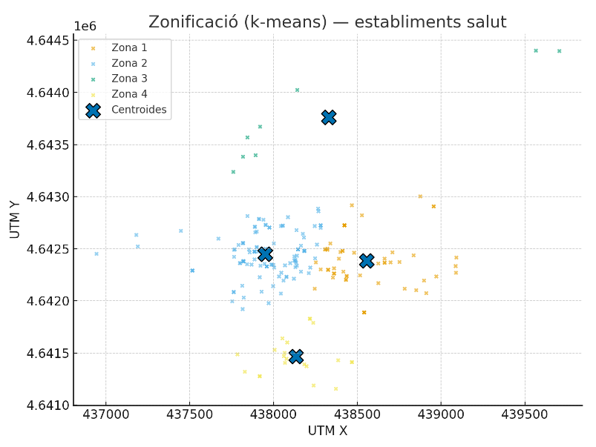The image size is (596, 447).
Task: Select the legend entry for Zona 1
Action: (129, 47)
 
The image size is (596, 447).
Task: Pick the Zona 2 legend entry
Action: (129, 63)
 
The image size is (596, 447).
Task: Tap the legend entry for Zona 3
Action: (129, 79)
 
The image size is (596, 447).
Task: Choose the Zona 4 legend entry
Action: (129, 94)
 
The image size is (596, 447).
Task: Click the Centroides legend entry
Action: (139, 110)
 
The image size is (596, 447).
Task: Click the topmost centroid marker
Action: (329, 117)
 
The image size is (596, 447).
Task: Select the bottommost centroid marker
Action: (295, 357)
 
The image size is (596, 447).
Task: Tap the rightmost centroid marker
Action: (367, 261)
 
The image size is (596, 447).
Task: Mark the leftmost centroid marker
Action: (265, 255)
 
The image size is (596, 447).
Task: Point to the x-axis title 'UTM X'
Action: (327, 431)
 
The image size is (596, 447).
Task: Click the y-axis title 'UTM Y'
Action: (15, 219)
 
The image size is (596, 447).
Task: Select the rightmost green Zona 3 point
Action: (559, 51)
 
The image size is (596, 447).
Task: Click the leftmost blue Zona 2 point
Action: (96, 254)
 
